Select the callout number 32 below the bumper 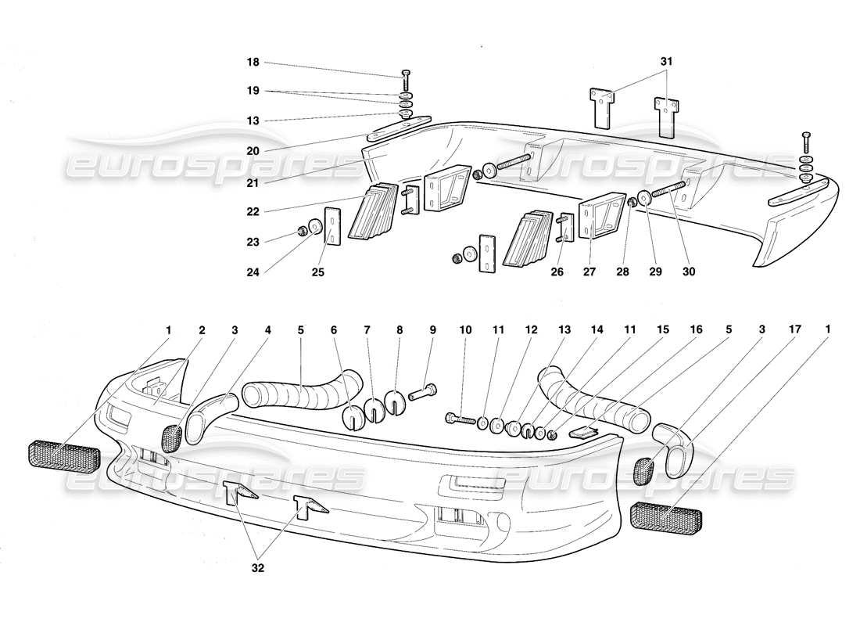point(258,569)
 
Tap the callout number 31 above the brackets point(665,60)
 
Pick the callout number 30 point(688,273)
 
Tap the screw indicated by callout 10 point(461,419)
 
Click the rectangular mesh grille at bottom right point(665,517)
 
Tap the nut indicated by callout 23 point(302,231)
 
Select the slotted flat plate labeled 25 point(333,226)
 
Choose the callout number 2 point(202,330)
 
